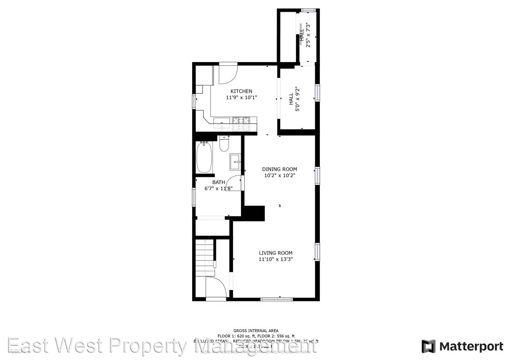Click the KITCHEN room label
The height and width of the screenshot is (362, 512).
[x=241, y=91]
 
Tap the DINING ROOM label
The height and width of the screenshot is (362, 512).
[x=279, y=169]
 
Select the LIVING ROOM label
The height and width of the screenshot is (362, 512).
[x=276, y=253]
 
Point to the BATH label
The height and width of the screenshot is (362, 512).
[x=219, y=182]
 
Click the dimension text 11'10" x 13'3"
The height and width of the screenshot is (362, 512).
[x=276, y=259]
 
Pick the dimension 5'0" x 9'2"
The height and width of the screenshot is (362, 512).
[x=297, y=100]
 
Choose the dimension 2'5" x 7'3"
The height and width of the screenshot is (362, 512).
[x=308, y=35]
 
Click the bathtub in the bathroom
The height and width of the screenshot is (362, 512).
[x=204, y=157]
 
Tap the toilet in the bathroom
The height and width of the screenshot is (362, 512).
[x=224, y=144]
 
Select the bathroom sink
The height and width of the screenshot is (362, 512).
[x=235, y=162]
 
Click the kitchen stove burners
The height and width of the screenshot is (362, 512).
[x=241, y=124]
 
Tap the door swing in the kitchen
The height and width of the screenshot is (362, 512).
[x=228, y=74]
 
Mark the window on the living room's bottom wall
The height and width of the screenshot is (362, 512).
[x=277, y=299]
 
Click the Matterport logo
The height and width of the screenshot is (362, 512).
[x=462, y=347]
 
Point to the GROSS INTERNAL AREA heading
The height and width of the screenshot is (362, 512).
[x=256, y=331]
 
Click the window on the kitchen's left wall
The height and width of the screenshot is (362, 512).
[x=194, y=102]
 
